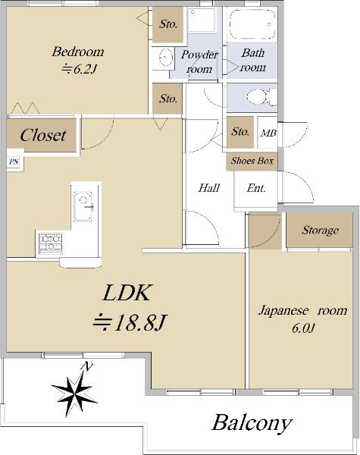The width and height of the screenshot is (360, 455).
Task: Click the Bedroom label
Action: (x=78, y=52)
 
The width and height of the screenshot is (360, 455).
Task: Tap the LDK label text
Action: (x=127, y=293)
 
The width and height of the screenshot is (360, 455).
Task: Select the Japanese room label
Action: (x=302, y=311)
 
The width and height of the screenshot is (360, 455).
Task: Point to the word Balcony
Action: (x=252, y=423)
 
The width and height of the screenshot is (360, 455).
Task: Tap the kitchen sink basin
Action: (x=83, y=206)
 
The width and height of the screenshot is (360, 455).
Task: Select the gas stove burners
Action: (x=51, y=243)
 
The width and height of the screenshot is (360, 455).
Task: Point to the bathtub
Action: (x=252, y=24)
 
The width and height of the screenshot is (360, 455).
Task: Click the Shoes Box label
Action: (x=252, y=161)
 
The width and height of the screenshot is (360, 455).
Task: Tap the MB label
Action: (x=268, y=133)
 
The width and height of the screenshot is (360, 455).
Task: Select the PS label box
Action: (x=14, y=162)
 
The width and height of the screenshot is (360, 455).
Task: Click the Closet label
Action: (x=43, y=135)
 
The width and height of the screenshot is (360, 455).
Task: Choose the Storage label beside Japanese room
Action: (x=321, y=231)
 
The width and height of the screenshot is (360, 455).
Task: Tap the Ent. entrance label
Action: (x=256, y=188)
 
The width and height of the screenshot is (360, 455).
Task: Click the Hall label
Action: (x=209, y=188)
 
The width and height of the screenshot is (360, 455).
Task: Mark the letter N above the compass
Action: (x=86, y=366)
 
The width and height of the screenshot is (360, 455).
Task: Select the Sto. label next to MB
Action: (x=240, y=132)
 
